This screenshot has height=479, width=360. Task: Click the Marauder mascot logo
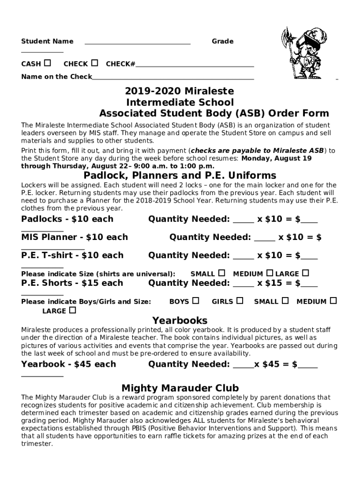click(302, 52)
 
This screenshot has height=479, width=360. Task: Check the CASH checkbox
click(48, 63)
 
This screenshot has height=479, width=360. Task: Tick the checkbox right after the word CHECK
click(95, 63)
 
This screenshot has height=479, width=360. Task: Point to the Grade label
click(223, 41)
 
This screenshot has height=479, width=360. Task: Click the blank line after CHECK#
click(194, 65)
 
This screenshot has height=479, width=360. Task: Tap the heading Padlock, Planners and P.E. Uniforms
click(180, 175)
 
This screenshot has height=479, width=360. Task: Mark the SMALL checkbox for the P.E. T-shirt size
click(222, 273)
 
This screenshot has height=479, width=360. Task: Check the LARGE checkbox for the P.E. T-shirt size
click(306, 273)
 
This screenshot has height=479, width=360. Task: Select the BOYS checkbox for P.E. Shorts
click(196, 300)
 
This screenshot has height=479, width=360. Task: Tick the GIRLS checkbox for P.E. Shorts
click(240, 300)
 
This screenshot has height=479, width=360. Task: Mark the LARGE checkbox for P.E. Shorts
click(72, 310)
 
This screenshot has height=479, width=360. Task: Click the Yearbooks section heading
click(180, 320)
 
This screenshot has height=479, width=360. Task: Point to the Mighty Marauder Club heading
click(180, 388)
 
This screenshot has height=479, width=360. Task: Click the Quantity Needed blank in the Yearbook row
click(243, 366)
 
